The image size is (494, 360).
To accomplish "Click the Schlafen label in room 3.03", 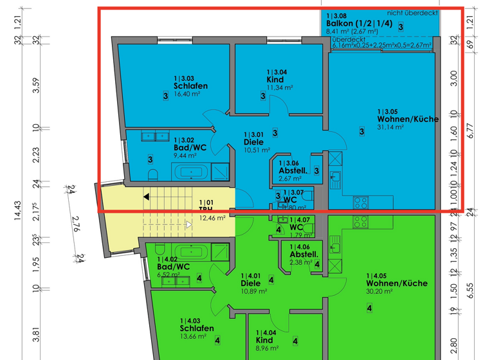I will (x=190, y=85).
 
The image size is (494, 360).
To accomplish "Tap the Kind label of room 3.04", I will (x=275, y=80).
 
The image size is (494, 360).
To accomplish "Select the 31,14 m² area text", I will (x=390, y=127).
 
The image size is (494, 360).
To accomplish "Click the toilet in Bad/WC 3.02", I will (x=152, y=174).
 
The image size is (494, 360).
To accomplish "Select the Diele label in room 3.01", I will (x=253, y=142).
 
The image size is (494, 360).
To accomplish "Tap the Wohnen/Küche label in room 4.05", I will (x=396, y=283).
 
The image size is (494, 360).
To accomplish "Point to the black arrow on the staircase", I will (x=147, y=197).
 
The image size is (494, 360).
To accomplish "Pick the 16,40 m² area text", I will (x=187, y=93).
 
